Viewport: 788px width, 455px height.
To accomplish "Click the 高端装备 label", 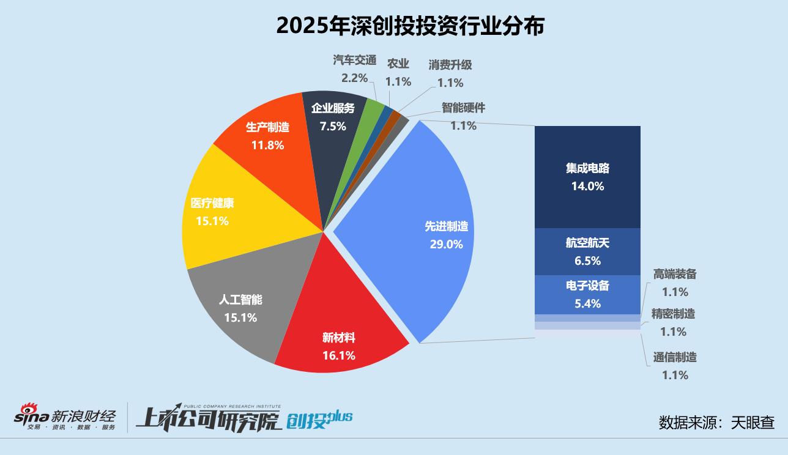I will tap(674, 275).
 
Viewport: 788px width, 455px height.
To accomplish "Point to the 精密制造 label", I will tap(673, 314).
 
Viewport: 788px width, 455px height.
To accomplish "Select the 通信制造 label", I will tap(675, 357).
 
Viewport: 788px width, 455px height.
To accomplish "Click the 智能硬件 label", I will tap(463, 108).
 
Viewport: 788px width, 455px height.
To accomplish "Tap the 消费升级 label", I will tap(450, 65).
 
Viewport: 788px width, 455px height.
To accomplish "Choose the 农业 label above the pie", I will tap(398, 64).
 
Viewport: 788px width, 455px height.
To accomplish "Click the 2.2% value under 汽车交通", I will tap(354, 78).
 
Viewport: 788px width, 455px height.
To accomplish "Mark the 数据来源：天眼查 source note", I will tap(716, 423).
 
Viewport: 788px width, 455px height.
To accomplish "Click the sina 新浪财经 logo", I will tap(65, 417).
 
